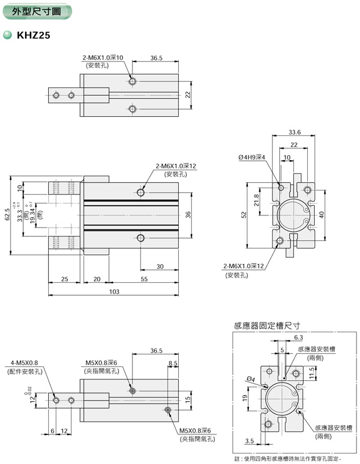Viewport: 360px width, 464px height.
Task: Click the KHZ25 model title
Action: pos(33,35)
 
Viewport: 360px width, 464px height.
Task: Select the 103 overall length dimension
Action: pos(114,292)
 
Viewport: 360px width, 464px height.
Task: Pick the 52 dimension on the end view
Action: pos(244,214)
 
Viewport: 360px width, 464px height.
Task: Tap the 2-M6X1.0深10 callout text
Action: pos(102,58)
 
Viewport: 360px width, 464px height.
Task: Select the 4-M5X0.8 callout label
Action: pos(23,362)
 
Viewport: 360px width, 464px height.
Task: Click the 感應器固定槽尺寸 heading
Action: pos(266,326)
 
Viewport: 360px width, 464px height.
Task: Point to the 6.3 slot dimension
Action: pos(298,337)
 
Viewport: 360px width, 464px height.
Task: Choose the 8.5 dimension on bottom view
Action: pos(172,364)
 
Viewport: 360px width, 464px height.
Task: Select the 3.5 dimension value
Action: pos(249,441)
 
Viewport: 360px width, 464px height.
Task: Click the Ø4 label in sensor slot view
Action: pos(251,379)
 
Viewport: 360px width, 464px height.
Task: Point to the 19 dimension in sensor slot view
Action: pos(244,398)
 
